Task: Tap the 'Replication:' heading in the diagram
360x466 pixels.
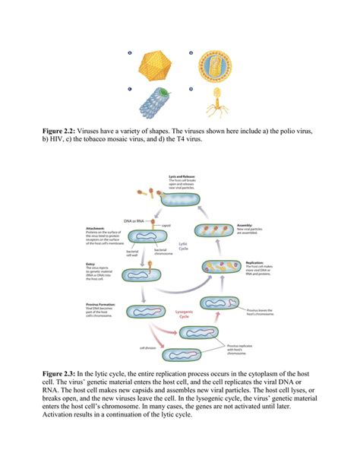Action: (254, 262)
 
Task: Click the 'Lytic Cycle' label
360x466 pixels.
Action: (183, 246)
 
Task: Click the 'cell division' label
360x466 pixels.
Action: (149, 349)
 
